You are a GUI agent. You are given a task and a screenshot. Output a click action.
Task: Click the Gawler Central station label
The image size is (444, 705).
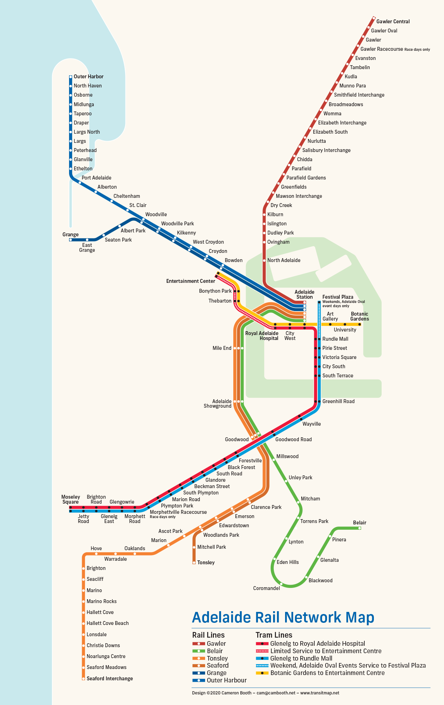pyautogui.click(x=393, y=22)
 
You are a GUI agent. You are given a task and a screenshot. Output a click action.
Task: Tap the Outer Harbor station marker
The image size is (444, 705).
pyautogui.click(x=70, y=77)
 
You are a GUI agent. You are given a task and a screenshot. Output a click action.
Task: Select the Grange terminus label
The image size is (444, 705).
pyautogui.click(x=70, y=235)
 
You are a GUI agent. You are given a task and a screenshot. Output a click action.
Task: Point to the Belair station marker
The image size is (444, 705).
pyautogui.click(x=359, y=528)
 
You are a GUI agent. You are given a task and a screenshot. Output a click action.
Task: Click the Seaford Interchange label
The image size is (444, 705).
pyautogui.click(x=110, y=679)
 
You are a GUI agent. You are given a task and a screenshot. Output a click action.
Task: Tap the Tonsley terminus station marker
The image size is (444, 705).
pyautogui.click(x=194, y=563)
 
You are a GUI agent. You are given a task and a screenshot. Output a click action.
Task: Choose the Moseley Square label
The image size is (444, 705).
pyautogui.click(x=70, y=499)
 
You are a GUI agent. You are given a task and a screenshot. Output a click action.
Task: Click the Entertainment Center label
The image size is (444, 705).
pyautogui.click(x=191, y=281)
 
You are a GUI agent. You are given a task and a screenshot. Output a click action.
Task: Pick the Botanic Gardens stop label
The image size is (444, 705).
pyautogui.click(x=359, y=316)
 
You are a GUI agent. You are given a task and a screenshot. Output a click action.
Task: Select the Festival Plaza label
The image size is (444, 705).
pyautogui.click(x=338, y=297)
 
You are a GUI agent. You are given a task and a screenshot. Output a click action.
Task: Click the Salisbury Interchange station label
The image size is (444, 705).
pyautogui.click(x=326, y=150)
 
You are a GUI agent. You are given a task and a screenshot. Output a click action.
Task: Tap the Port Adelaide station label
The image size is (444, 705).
pyautogui.click(x=97, y=178)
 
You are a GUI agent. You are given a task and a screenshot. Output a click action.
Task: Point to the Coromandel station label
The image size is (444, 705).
pyautogui.click(x=266, y=588)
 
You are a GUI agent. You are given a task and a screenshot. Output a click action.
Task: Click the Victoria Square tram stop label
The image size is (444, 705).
pyautogui.click(x=339, y=357)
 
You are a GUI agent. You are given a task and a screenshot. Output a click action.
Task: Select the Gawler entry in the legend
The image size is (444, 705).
pyautogui.click(x=216, y=644)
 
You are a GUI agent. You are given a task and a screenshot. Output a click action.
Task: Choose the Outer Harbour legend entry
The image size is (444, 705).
pyautogui.click(x=227, y=680)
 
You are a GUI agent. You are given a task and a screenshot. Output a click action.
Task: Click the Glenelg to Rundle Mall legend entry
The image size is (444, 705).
pyautogui.click(x=301, y=658)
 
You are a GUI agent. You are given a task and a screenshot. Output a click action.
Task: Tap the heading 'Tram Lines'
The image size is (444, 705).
pyautogui.click(x=274, y=635)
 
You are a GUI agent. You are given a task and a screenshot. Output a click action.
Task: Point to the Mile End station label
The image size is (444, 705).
pyautogui.click(x=222, y=348)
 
